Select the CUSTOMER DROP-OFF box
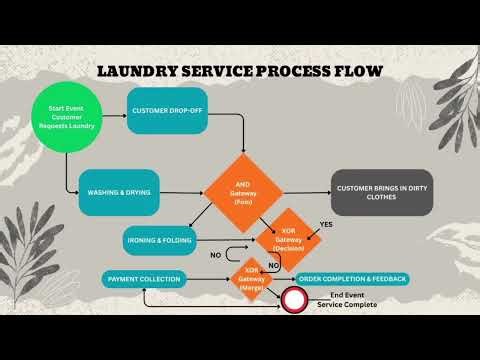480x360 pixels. click(166, 110)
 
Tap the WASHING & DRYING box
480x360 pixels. click(119, 191)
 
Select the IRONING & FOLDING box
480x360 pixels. click(160, 241)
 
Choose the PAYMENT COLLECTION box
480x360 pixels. click(146, 278)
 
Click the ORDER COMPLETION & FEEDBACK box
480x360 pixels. click(352, 278)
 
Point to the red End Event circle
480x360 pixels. click(294, 299)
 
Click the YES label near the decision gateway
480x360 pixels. click(325, 224)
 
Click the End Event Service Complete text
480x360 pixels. click(346, 299)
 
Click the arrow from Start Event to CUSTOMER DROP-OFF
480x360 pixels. click(113, 109)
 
